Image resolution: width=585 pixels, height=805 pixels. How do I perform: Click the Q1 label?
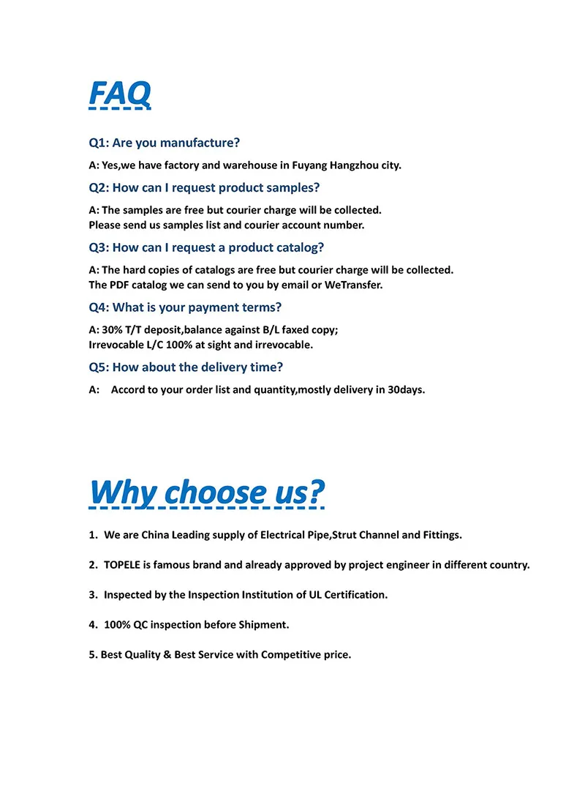tap(98, 143)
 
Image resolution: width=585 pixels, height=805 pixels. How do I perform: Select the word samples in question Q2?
tap(295, 188)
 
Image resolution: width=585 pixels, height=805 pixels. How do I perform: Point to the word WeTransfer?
tap(354, 285)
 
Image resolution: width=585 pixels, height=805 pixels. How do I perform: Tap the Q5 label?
tap(98, 367)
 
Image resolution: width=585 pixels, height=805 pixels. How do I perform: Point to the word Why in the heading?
tap(122, 492)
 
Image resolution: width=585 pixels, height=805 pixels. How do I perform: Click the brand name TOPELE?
tap(125, 565)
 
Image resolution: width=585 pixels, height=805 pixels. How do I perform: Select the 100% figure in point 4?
tap(117, 625)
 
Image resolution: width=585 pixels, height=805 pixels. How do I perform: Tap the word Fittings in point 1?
tap(442, 535)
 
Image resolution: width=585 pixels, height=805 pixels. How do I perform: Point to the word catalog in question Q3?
tap(295, 247)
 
